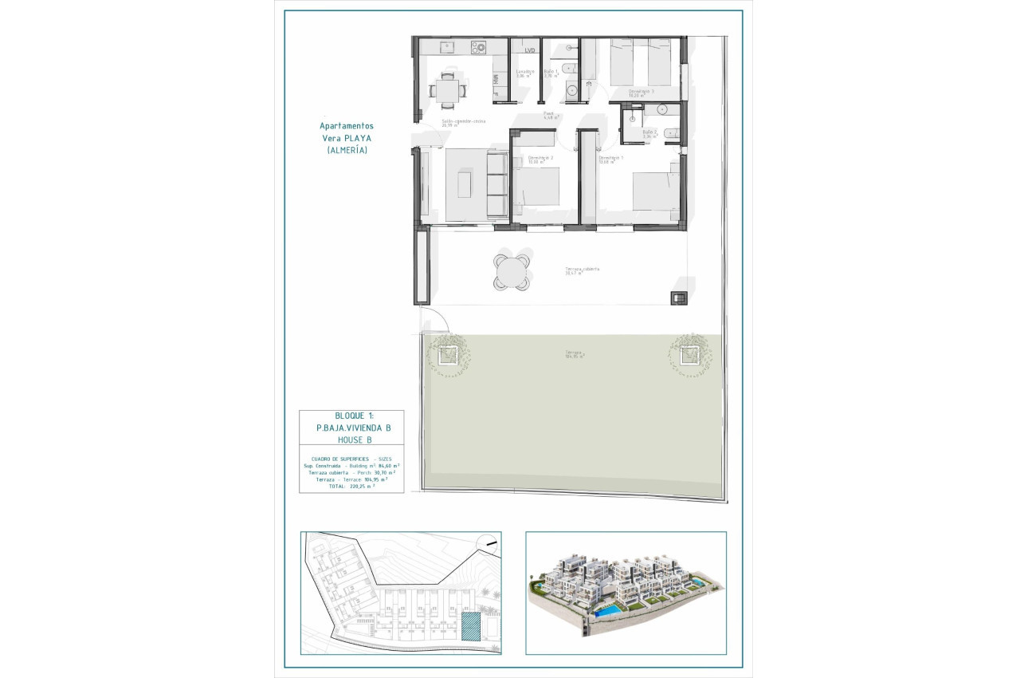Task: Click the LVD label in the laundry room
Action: (530, 50)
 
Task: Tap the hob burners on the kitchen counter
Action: (479, 48)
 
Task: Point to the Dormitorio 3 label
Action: (641, 92)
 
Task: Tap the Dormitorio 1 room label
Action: (612, 158)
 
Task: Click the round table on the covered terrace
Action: (512, 272)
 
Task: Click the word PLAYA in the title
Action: (359, 137)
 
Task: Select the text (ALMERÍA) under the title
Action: (347, 150)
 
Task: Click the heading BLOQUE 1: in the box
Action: (351, 416)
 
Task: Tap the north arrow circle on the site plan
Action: (487, 543)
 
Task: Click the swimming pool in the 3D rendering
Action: (610, 611)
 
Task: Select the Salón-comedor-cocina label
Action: (464, 122)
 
